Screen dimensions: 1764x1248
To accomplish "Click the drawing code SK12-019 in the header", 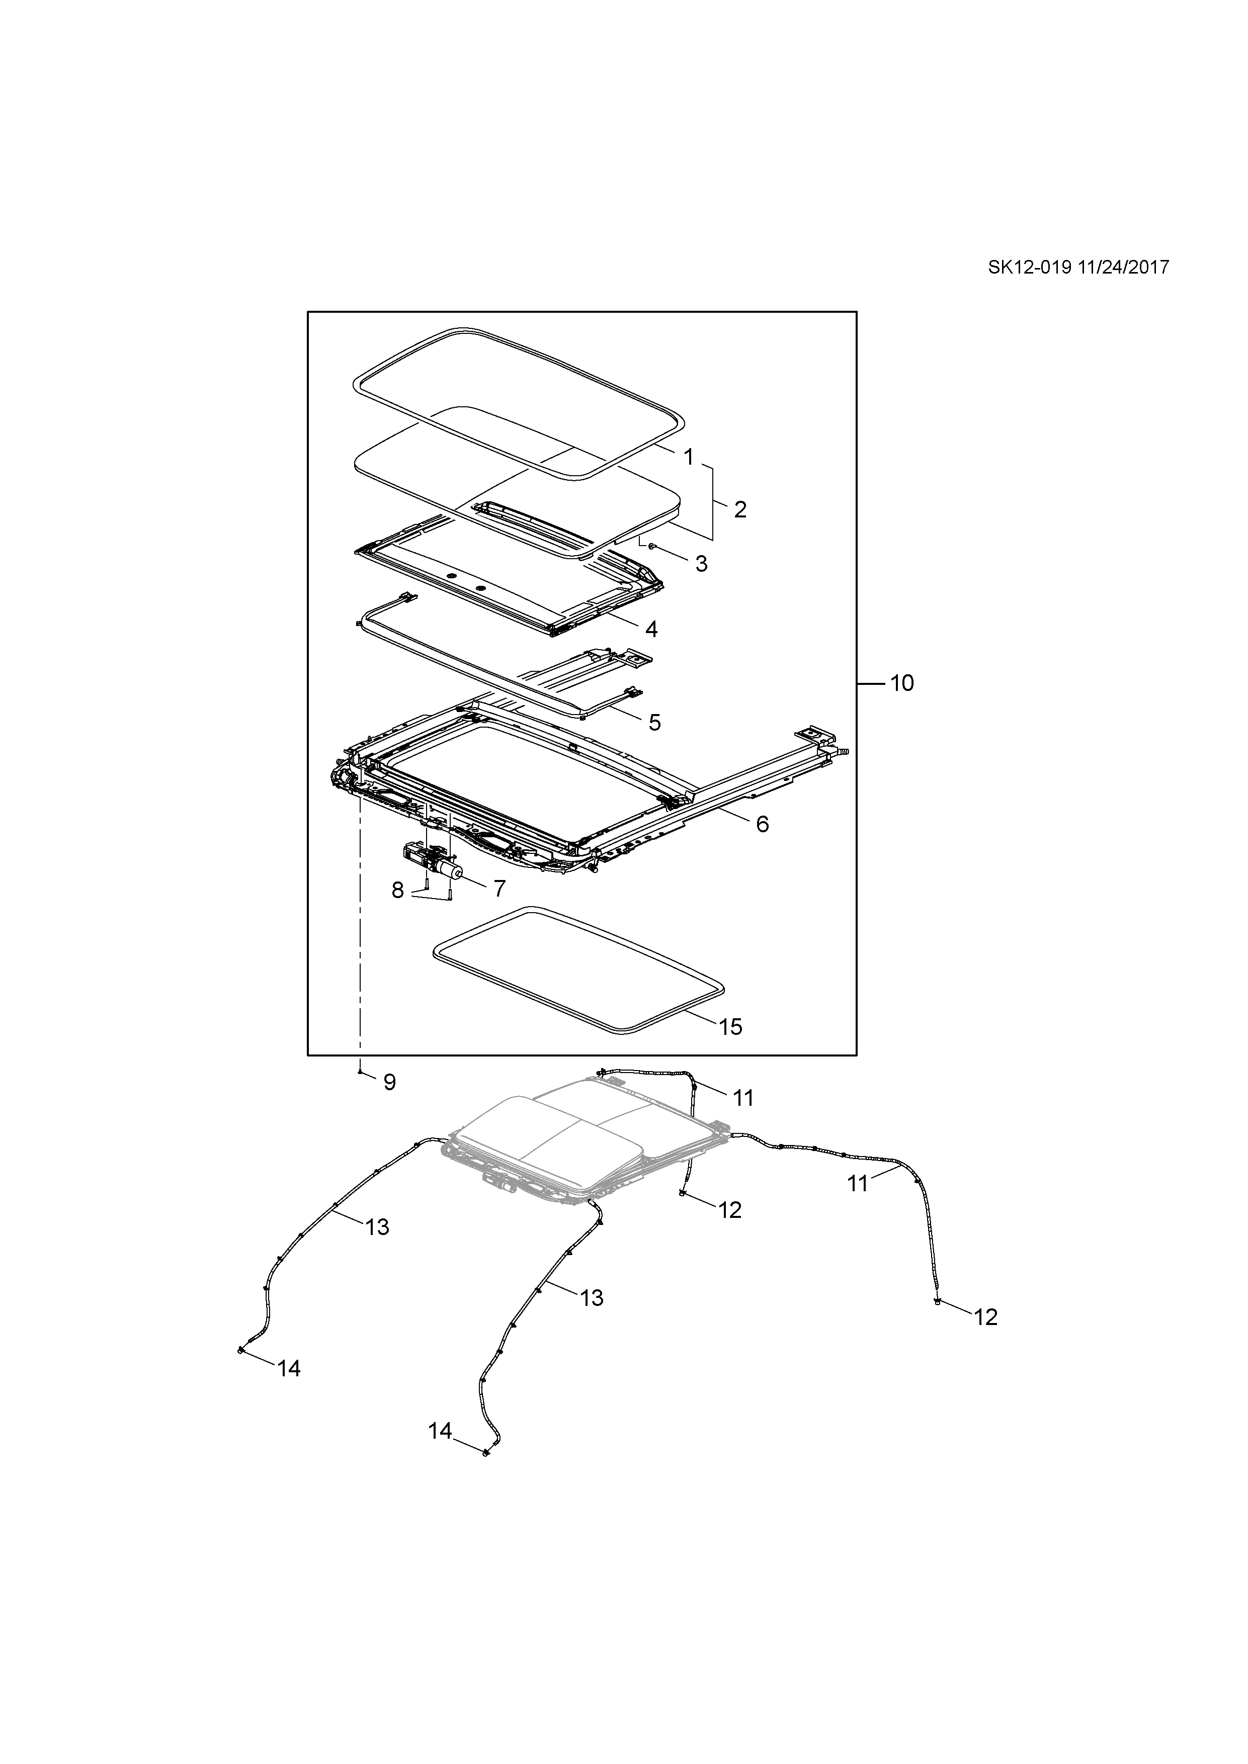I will coord(1030,268).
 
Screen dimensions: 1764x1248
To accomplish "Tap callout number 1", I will coord(689,457).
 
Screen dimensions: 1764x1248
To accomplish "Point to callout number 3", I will coord(701,564).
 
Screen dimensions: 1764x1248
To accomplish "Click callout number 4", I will coord(651,629).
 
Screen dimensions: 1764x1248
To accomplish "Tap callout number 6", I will coord(762,824).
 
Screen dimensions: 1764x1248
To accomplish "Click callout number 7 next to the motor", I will coord(500,889).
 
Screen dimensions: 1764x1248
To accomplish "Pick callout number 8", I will coord(397,891).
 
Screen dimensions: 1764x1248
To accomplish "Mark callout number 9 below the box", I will coord(390,1083).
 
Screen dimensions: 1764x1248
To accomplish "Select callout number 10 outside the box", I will coord(902,683).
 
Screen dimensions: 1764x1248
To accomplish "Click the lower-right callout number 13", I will coord(592,1298).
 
